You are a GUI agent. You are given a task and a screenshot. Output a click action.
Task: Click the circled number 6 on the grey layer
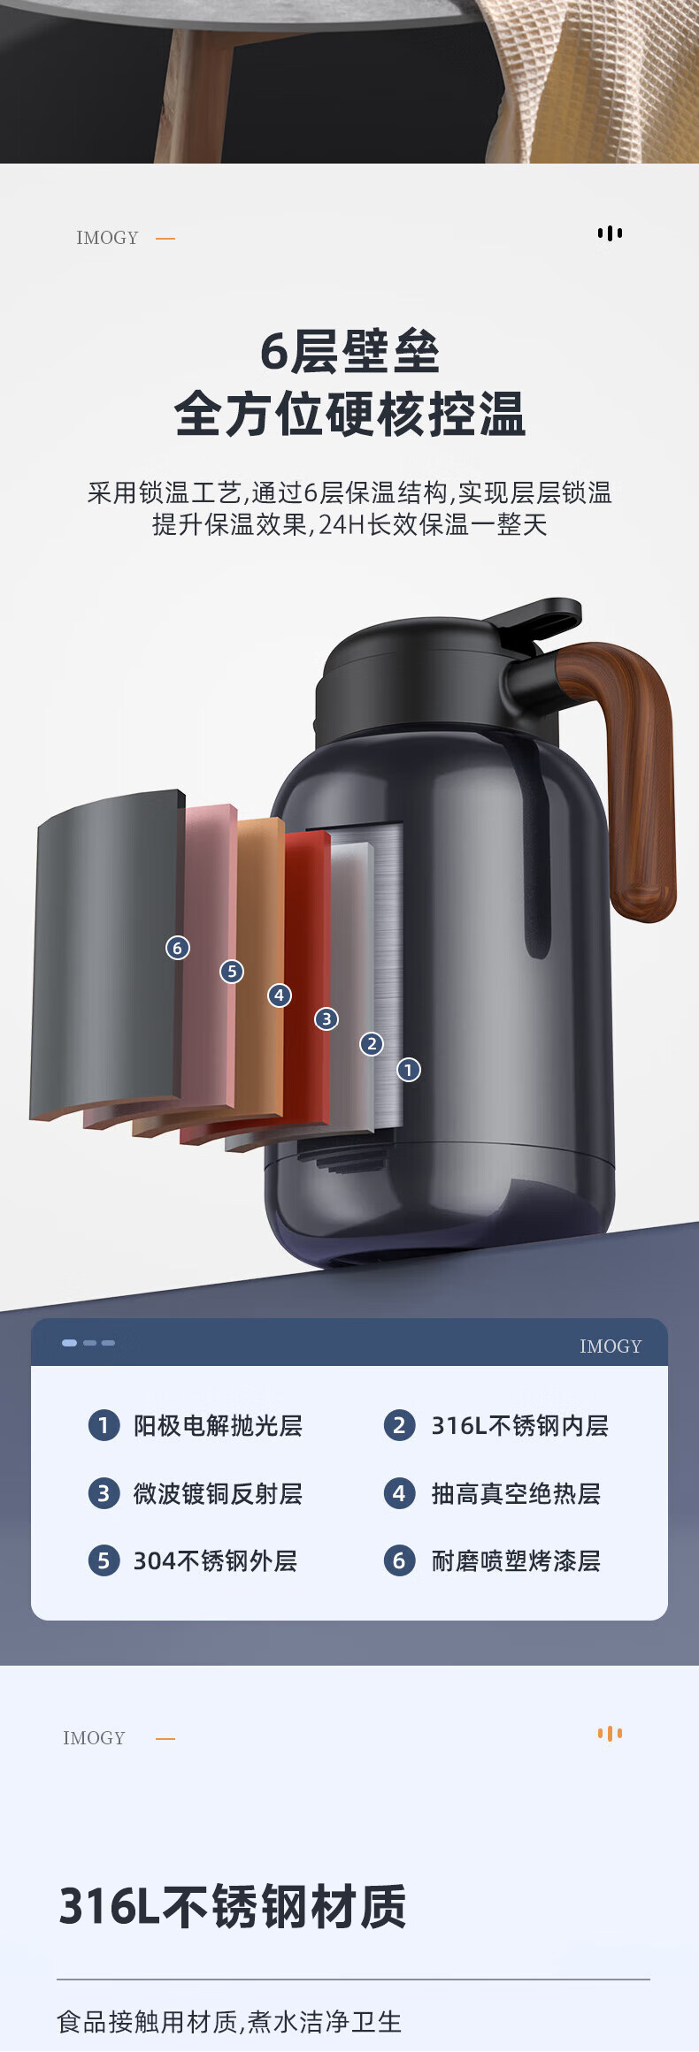[x=178, y=948]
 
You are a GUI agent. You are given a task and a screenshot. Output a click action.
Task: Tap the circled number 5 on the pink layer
[x=232, y=972]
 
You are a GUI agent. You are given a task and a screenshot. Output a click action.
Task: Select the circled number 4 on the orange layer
[x=280, y=995]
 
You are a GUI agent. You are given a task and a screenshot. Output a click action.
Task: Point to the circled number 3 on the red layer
[x=326, y=1018]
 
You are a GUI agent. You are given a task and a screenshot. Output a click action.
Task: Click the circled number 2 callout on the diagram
[x=372, y=1044]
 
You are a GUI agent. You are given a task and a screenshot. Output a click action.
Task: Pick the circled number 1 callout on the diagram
[x=408, y=1070]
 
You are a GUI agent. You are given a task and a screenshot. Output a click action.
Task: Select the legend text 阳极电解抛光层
[x=218, y=1425]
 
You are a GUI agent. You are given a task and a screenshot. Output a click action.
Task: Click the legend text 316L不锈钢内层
[x=519, y=1425]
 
